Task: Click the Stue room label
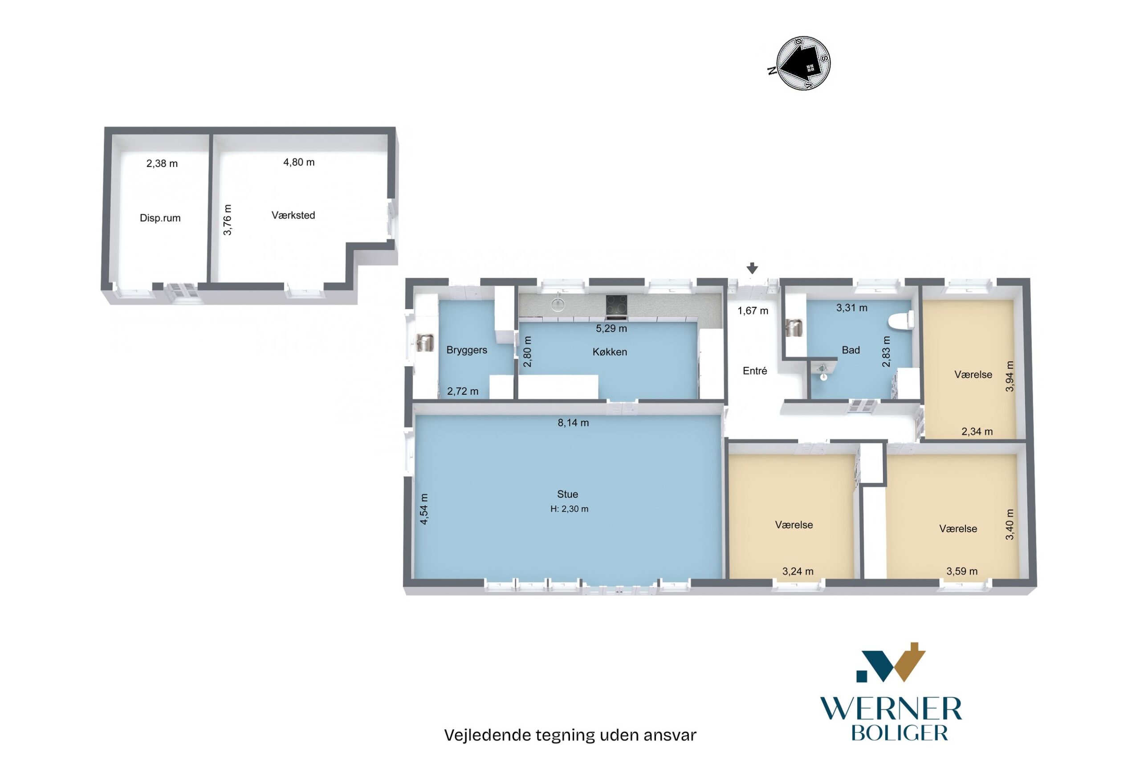[x=567, y=494]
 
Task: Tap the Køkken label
[x=610, y=352]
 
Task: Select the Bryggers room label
[x=467, y=350]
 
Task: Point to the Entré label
[x=755, y=371]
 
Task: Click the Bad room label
[x=851, y=350]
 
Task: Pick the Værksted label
[x=293, y=215]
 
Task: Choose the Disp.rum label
[x=160, y=218]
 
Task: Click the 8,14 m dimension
[x=573, y=423]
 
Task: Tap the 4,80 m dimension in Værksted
[x=299, y=162]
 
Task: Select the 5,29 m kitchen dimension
[x=611, y=329]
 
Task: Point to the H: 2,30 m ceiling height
[x=569, y=509]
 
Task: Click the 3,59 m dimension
[x=962, y=572]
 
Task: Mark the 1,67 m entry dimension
[x=753, y=311]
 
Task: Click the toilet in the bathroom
[x=901, y=320]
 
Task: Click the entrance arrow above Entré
[x=752, y=268]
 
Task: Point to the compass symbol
[x=803, y=63]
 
